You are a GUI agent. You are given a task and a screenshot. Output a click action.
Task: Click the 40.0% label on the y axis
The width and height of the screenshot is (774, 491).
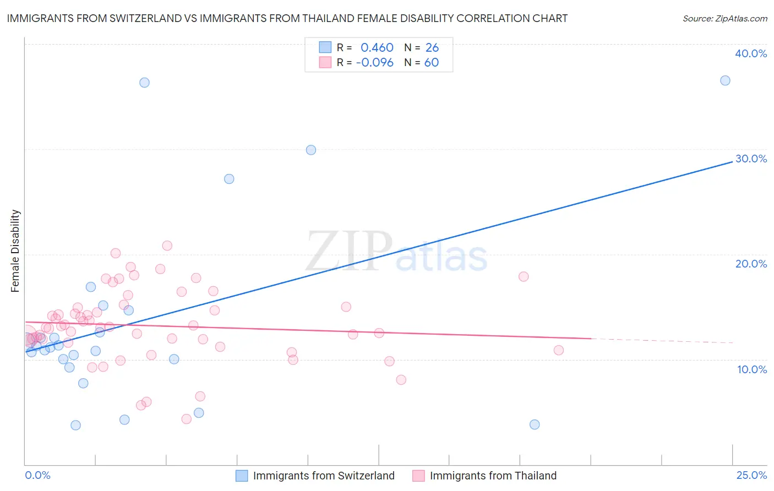[x=751, y=53]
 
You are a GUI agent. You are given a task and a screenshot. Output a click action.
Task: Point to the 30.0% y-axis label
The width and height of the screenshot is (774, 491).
[x=751, y=159]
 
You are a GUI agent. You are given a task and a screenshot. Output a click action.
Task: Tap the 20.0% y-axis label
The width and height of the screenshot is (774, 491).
[x=751, y=264]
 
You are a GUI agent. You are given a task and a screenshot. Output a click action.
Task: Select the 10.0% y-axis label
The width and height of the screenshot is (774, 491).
[x=752, y=369]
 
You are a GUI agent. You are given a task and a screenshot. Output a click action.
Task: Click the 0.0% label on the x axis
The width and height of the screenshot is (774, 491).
[x=37, y=475]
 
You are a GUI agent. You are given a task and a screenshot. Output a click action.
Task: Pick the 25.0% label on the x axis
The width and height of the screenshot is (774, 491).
[x=751, y=475]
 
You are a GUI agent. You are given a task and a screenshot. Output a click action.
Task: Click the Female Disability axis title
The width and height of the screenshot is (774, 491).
[x=15, y=250]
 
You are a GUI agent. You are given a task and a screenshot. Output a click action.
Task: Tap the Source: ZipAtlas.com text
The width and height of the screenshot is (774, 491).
[x=724, y=18]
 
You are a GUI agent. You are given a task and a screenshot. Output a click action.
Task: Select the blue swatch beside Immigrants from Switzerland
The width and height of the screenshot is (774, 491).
[x=242, y=476]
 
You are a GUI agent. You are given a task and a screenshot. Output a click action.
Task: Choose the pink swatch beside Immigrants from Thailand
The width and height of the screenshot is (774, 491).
[x=418, y=476]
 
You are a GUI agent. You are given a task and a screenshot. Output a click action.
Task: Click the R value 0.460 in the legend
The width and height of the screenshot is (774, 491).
[x=377, y=47]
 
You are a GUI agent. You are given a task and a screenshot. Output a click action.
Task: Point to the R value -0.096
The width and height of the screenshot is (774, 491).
[x=375, y=62]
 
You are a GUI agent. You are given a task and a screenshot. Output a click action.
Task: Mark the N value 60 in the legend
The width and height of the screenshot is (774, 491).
[x=432, y=62]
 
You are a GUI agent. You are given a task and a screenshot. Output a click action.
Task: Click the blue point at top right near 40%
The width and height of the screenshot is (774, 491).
[x=725, y=80]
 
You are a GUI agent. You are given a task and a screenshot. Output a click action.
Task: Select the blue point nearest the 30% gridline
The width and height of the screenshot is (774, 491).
[x=311, y=150]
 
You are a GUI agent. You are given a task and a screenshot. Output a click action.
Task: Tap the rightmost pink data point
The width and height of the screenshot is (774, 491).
[x=559, y=350]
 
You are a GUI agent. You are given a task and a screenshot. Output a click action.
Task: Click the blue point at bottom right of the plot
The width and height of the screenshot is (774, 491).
[x=535, y=424]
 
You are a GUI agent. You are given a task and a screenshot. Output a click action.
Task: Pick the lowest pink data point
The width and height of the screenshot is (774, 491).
[x=187, y=419]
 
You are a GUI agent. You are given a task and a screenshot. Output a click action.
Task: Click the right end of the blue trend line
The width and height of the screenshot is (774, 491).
[x=732, y=162]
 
